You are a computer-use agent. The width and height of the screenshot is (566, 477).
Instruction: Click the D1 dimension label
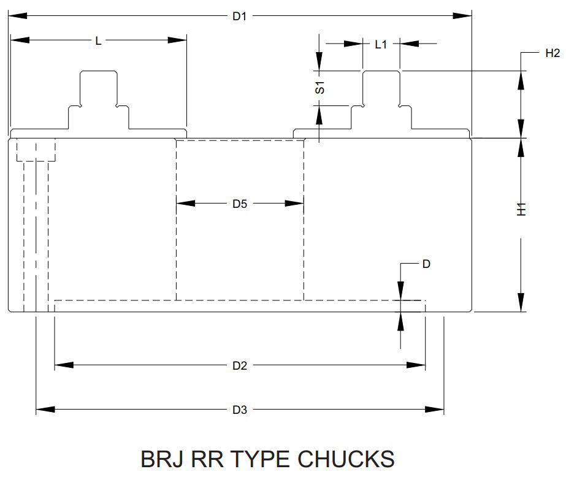pos(239,16)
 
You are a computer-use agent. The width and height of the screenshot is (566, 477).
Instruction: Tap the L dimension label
pos(98,41)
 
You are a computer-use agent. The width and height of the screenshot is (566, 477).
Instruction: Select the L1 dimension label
pos(381,45)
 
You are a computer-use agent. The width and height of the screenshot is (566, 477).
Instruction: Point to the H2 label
pos(553,53)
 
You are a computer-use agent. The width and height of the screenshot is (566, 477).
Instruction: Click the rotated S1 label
pos(320,88)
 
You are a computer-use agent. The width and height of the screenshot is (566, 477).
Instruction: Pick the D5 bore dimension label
pos(240,204)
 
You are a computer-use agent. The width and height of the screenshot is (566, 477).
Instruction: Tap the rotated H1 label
pos(521,209)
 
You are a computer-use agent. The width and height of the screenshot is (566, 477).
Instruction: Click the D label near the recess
pos(426,264)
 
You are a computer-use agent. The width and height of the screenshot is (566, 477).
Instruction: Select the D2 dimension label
pos(240,366)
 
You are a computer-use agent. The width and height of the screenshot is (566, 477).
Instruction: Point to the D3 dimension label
pos(240,410)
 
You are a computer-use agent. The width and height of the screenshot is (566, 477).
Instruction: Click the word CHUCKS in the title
pos(346,459)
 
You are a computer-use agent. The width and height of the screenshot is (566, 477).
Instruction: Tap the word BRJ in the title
pos(161,459)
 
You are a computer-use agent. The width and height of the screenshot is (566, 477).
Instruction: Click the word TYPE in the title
pos(259,459)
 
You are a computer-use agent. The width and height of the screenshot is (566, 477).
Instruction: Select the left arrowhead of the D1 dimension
pos(17,16)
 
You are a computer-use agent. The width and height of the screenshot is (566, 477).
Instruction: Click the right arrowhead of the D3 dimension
pos(434,410)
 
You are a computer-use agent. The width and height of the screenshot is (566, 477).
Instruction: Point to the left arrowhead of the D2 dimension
pos(64,365)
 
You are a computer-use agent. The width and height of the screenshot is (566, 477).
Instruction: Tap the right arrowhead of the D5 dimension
pos(294,204)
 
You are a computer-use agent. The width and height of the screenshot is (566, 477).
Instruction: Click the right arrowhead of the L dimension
pos(177,40)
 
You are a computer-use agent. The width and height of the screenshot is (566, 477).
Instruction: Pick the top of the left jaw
pos(99,71)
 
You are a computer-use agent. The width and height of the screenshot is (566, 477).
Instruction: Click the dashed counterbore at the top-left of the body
pos(36,150)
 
